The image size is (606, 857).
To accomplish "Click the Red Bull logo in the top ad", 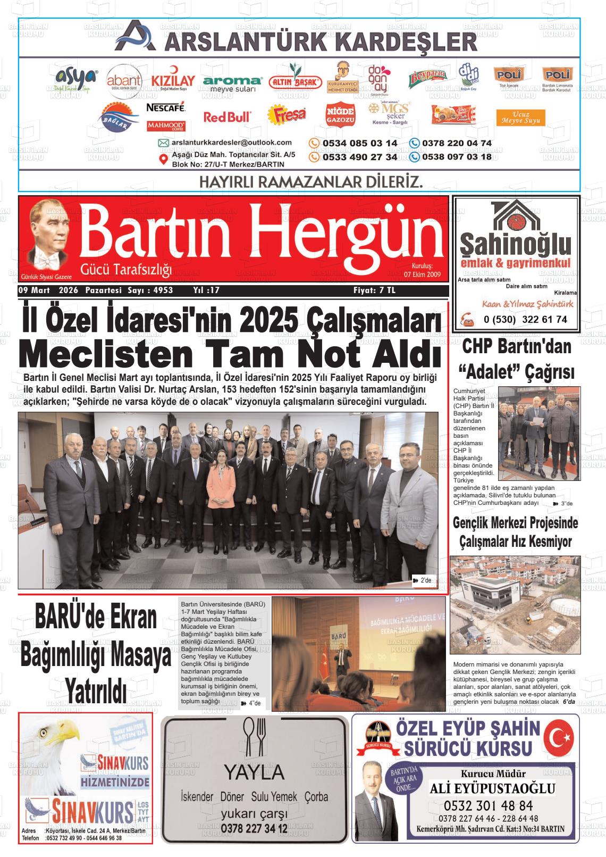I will (x=227, y=117).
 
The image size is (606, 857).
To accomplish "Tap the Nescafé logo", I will (x=165, y=108).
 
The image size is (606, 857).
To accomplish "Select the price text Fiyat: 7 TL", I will (x=374, y=290).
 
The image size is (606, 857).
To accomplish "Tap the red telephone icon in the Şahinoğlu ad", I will (x=468, y=319).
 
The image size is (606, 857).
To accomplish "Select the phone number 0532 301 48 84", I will (x=488, y=805).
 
